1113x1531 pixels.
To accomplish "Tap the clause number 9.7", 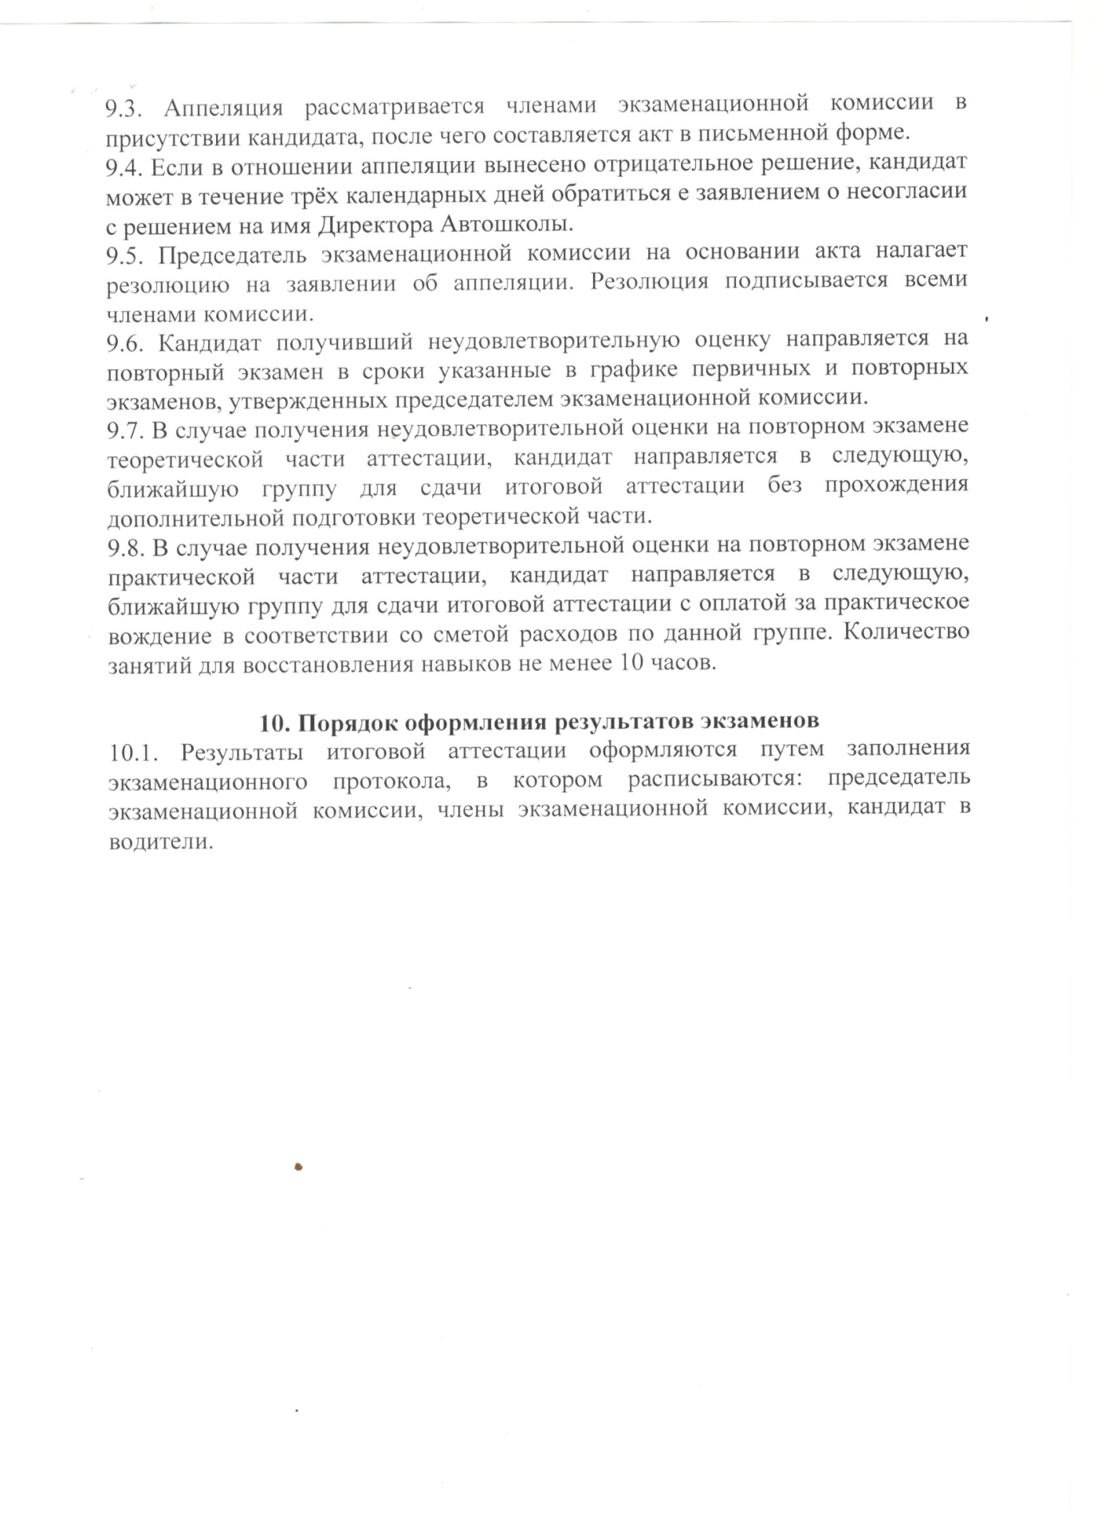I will click(125, 430).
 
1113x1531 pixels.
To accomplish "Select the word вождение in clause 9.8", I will click(159, 636).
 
